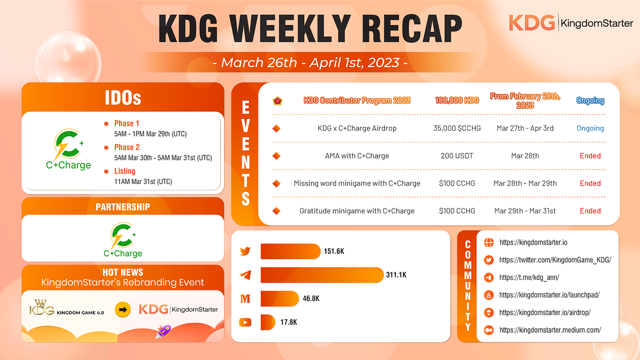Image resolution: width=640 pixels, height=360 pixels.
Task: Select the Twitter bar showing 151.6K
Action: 291,251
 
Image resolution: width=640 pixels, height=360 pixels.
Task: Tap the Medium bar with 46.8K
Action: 279,299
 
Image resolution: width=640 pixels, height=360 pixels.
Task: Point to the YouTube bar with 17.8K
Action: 267,322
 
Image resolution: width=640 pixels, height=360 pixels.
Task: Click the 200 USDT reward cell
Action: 456,156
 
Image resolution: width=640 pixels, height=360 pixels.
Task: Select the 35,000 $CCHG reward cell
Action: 456,129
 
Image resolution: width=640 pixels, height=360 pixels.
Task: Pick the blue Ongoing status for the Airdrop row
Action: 590,129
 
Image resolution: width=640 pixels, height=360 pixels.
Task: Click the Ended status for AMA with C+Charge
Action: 590,156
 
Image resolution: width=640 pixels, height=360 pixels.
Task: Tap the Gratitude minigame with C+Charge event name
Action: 357,211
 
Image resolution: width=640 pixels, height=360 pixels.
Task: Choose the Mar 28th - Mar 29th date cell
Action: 525,183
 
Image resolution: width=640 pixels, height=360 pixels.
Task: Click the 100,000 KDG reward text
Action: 456,100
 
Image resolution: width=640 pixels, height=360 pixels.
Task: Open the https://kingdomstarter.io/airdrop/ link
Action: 545,313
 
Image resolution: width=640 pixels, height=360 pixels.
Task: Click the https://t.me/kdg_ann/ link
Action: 529,277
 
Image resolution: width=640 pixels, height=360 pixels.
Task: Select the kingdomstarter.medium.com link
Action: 550,330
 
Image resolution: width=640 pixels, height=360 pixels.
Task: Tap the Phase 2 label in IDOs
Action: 124,147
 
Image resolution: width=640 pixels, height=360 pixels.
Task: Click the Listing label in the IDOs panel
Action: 125,171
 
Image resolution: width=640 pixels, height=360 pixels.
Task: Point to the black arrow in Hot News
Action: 123,309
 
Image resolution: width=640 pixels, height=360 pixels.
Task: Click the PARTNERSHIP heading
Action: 123,206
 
